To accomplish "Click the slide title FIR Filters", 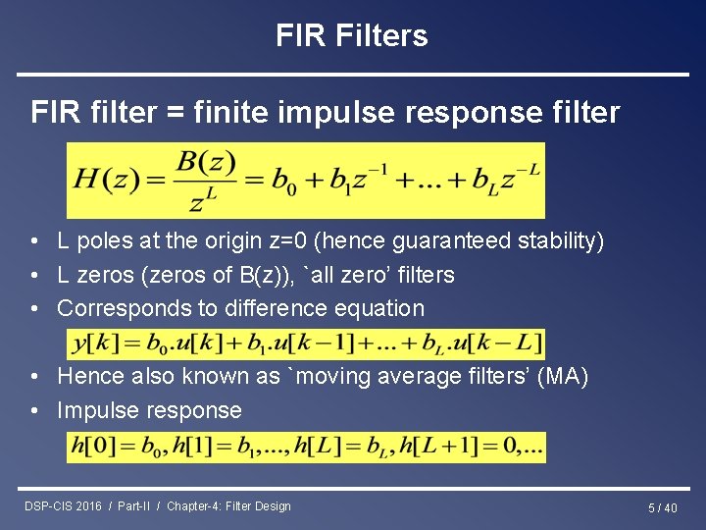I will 352,36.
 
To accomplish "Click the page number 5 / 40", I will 662,507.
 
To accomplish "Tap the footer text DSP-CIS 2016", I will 63,506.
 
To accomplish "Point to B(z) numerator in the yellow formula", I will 205,161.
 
